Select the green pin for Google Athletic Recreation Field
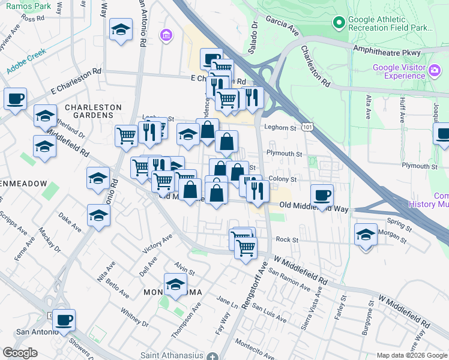(339, 23)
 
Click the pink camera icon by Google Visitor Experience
(434, 71)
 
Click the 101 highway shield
(307, 127)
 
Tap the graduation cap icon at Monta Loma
(175, 284)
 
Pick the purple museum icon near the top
(165, 36)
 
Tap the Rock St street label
(287, 239)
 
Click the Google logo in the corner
(20, 352)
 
